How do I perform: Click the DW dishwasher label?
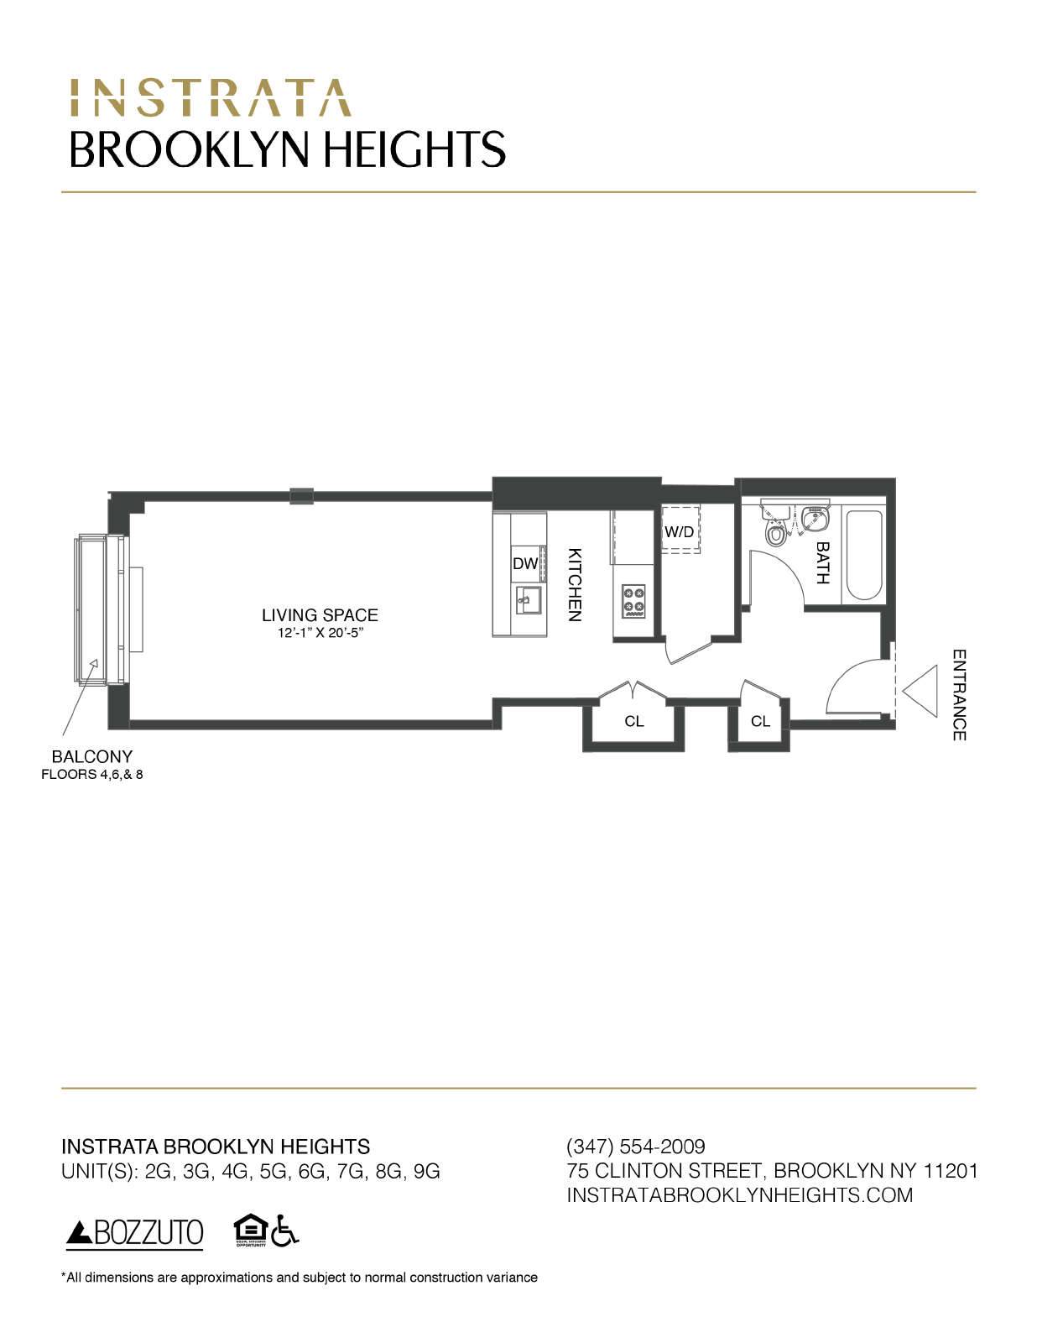coord(525,564)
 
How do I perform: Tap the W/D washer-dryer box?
coord(679,531)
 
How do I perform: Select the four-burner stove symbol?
coord(633,600)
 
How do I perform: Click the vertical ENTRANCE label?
coord(960,694)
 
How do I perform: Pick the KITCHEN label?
coord(575,584)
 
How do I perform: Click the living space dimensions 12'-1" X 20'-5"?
coord(320,633)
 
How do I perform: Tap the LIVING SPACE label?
coord(320,615)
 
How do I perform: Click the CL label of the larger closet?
coord(634,721)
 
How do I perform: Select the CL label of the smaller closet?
coord(760,721)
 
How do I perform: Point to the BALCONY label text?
coord(92,756)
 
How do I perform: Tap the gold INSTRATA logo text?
coord(210,97)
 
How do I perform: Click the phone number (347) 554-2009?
coord(636,1146)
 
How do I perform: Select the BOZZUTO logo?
coord(135,1232)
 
